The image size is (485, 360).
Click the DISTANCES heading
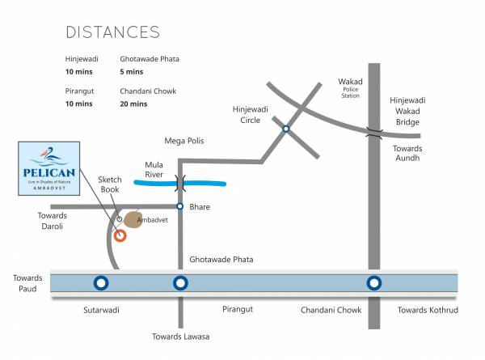(x=112, y=32)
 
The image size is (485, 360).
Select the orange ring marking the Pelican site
(x=120, y=235)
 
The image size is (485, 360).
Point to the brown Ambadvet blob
(x=131, y=220)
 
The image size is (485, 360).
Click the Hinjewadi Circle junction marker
(x=286, y=129)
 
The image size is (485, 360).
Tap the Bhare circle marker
(x=180, y=207)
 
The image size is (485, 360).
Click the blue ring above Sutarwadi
(x=101, y=283)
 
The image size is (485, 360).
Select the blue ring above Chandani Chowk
(x=373, y=283)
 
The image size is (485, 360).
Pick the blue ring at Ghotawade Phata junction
(x=180, y=283)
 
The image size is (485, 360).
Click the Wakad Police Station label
(x=349, y=88)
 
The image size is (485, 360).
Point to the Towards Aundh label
(x=407, y=155)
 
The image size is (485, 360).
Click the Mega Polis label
(x=184, y=141)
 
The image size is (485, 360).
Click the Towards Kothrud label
(x=428, y=310)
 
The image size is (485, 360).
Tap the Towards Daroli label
(x=59, y=221)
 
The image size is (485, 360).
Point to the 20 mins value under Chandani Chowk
(x=133, y=104)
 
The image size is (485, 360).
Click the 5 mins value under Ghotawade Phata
(x=132, y=71)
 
